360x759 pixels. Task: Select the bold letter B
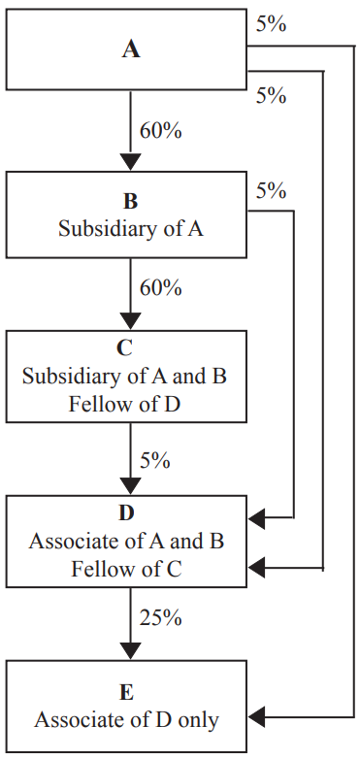[130, 203]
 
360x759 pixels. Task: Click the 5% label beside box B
[271, 191]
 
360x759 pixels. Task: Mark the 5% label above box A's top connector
[271, 24]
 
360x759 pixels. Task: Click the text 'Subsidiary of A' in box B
[130, 230]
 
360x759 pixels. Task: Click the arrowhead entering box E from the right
[257, 718]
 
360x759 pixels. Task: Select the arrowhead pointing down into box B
[130, 162]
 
